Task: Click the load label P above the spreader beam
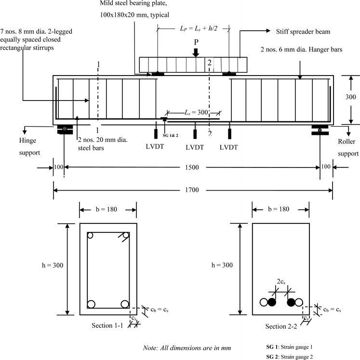[x=196, y=42]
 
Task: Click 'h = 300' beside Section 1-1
[x=52, y=265]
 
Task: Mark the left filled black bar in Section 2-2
[x=272, y=302]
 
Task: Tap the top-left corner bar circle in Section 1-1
[x=90, y=236]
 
